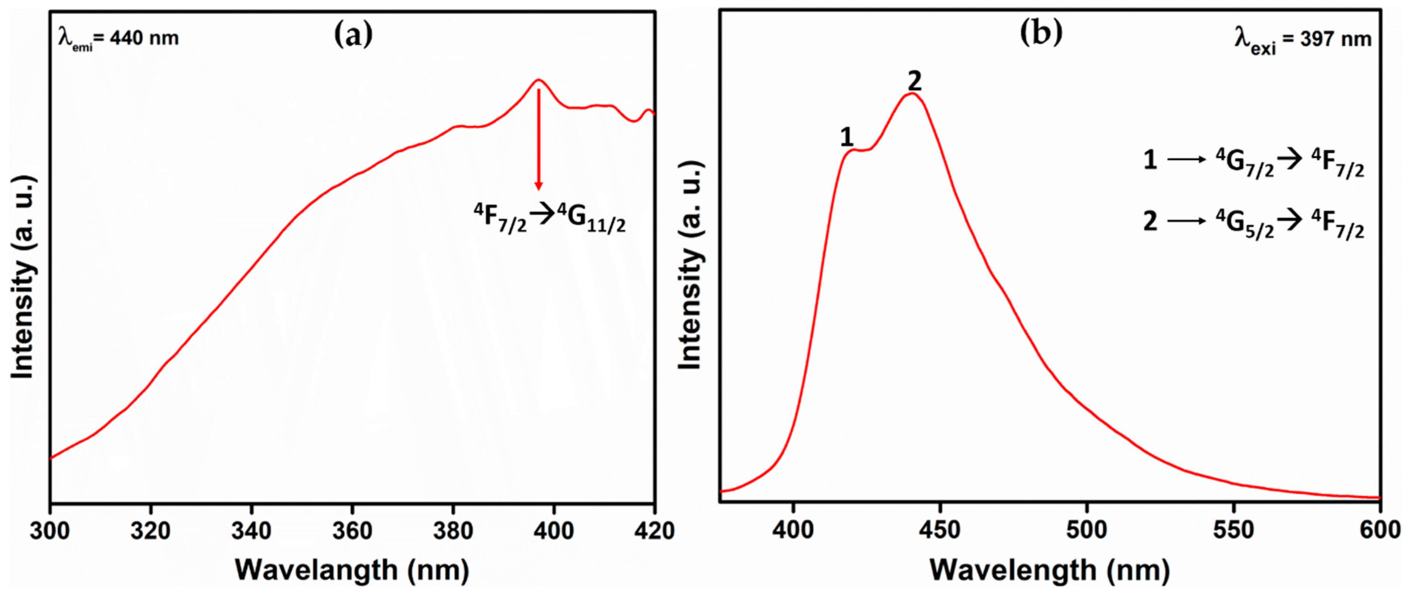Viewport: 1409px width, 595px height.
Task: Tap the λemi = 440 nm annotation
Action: tap(119, 38)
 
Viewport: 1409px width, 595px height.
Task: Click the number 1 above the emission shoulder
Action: tap(846, 137)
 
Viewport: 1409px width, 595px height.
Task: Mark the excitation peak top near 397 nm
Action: tap(539, 80)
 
